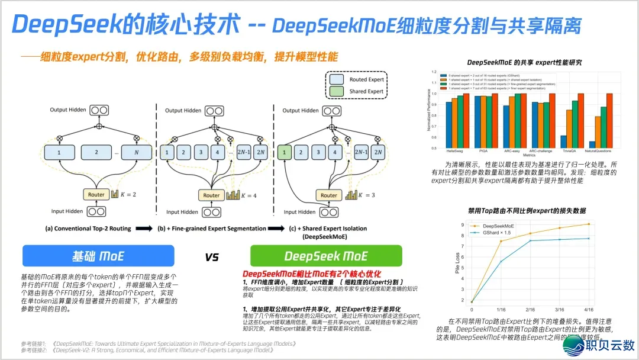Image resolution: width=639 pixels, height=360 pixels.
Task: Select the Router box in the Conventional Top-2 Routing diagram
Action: click(96, 195)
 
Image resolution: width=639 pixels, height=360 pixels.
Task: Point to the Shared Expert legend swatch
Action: click(337, 91)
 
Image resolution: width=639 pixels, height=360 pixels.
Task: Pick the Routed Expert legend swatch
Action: click(337, 79)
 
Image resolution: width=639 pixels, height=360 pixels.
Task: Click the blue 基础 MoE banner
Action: click(98, 256)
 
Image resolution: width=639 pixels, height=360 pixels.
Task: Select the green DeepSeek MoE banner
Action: click(326, 256)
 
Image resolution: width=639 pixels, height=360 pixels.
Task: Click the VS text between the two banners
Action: click(212, 257)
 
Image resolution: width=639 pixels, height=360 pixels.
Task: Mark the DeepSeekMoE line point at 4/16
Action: click(589, 224)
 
